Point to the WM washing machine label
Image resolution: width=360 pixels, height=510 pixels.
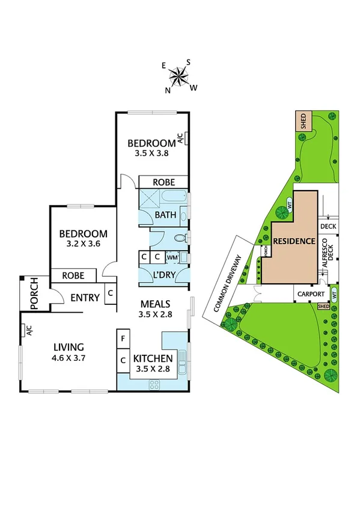tap(172, 257)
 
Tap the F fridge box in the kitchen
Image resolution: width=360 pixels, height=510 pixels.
tap(123, 339)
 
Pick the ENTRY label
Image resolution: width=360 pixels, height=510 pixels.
tap(85, 297)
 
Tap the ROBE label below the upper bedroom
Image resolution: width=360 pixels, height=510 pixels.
tap(163, 182)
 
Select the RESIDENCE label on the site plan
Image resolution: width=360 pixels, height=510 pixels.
tap(294, 241)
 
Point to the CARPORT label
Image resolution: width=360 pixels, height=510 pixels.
tap(310, 294)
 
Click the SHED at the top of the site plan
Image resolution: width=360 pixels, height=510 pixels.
tap(304, 121)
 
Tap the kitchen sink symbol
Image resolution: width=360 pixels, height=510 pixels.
tap(184, 361)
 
